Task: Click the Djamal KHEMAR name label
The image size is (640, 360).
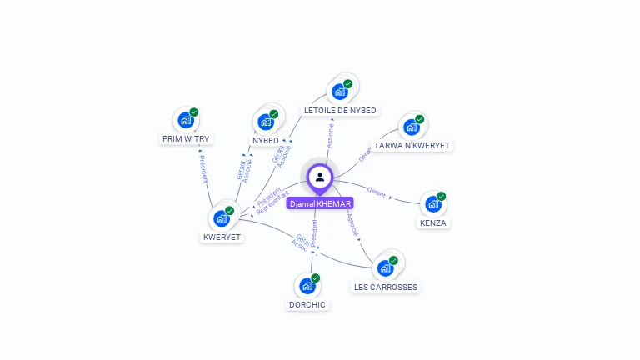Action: point(320,203)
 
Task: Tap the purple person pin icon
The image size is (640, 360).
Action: point(320,177)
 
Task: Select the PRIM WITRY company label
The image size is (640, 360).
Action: point(186,139)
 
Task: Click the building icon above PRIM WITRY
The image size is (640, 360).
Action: point(185,120)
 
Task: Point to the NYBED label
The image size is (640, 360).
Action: point(266,140)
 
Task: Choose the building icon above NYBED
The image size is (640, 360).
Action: point(266,122)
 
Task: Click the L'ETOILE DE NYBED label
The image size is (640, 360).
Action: point(340,110)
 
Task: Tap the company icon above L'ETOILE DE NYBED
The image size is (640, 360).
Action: point(340,91)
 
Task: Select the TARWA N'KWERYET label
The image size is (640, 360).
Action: point(412,145)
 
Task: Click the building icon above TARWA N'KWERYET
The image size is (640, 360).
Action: point(411,127)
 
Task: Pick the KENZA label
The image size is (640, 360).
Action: point(433,222)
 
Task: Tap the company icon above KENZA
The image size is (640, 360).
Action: point(432,204)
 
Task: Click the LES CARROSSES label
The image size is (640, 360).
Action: point(386,287)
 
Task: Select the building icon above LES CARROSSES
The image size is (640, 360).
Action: point(385,267)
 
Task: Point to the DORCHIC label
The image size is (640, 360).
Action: point(307,304)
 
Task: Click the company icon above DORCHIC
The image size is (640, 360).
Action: point(307,286)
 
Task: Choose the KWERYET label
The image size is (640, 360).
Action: point(222,237)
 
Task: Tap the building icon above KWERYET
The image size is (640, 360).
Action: point(221,218)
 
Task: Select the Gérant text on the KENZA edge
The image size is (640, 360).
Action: point(376,192)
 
